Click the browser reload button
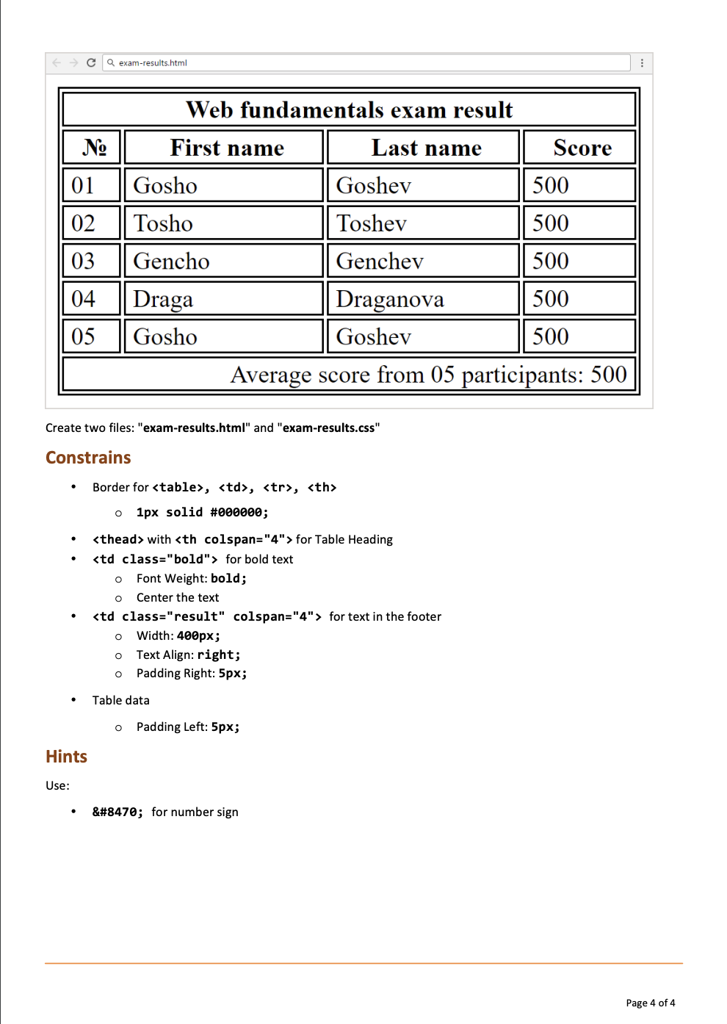click(91, 62)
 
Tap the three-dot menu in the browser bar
click(642, 63)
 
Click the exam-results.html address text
click(153, 63)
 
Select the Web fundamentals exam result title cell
click(349, 110)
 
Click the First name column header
click(226, 148)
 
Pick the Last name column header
click(426, 148)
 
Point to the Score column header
click(582, 148)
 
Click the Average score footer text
click(428, 375)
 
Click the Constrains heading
click(88, 458)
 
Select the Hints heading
click(66, 757)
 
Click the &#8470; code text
click(117, 812)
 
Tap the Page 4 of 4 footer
click(650, 1003)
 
